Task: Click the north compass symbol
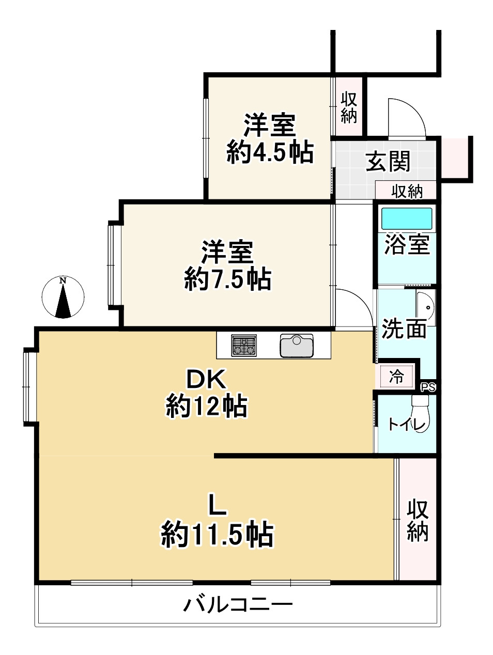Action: [x=63, y=298]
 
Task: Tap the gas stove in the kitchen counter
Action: [x=244, y=345]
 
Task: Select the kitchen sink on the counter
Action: [x=296, y=346]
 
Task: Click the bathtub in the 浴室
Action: [x=406, y=219]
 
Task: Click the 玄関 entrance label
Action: [x=388, y=162]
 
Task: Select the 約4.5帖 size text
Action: [x=270, y=152]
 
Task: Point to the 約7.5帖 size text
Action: [x=227, y=279]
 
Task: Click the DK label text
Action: [x=206, y=380]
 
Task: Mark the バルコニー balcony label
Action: [x=238, y=604]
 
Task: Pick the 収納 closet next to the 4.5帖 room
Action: [x=349, y=107]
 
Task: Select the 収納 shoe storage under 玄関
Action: [x=407, y=191]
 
